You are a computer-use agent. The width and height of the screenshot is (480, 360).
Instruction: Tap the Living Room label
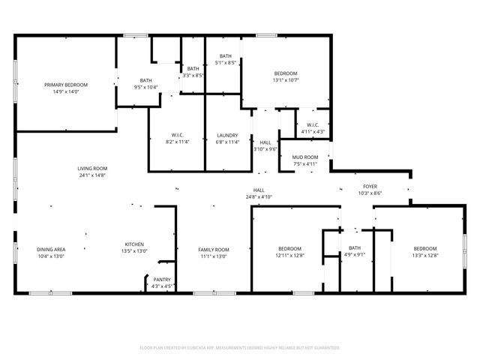92,168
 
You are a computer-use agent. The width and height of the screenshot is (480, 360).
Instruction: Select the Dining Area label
51,249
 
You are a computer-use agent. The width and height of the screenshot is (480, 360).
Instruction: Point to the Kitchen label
134,244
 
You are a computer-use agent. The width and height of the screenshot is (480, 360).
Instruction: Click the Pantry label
162,280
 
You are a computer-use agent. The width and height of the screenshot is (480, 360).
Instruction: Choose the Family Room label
214,249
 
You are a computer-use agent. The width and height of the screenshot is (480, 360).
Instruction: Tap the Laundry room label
226,135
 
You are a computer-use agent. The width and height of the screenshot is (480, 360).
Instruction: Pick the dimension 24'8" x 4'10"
259,196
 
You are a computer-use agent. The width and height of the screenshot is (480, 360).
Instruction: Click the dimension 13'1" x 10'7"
286,79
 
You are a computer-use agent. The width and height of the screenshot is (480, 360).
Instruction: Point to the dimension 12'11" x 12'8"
289,256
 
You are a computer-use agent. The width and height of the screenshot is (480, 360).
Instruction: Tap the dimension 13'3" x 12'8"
425,256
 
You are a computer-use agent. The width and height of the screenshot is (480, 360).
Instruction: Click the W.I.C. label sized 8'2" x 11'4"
178,141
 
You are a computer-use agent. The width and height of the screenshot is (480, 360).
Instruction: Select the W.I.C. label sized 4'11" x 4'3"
313,132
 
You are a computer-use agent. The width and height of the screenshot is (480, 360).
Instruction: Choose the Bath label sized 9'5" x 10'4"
145,88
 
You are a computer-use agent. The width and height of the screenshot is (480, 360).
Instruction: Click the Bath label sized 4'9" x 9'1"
355,255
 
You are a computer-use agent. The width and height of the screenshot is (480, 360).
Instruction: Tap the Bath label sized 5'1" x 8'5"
225,63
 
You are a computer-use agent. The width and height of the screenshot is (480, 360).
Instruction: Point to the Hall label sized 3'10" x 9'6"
265,148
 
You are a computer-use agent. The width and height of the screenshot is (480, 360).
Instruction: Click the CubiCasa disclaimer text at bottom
240,347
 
